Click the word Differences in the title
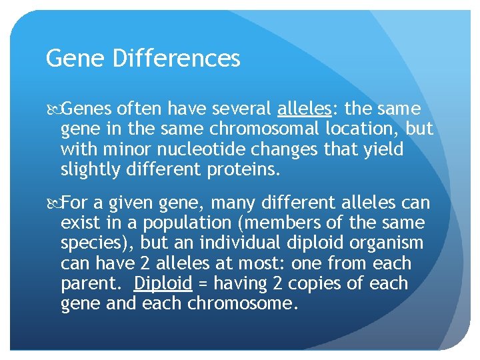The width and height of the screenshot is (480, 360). point(176,59)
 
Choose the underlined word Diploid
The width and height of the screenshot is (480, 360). point(163,283)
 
